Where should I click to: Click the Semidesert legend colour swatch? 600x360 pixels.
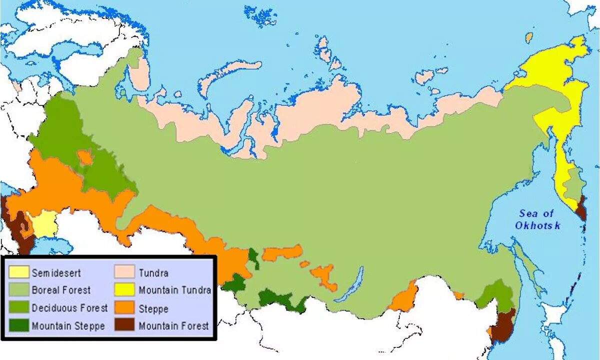click(x=18, y=273)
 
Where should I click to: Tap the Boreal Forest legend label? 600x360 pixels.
click(x=61, y=290)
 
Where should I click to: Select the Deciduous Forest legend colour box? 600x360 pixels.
click(x=18, y=307)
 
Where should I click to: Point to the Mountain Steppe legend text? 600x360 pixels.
click(x=68, y=326)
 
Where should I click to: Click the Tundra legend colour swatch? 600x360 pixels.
click(x=125, y=272)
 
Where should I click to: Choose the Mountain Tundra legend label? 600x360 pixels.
click(x=174, y=290)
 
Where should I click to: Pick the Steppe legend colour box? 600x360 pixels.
click(x=125, y=308)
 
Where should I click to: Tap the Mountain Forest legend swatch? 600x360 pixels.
click(x=125, y=325)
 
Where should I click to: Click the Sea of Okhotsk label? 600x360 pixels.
click(x=537, y=219)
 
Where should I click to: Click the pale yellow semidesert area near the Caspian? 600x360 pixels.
click(x=45, y=223)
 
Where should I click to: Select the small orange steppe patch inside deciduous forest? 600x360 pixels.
click(x=84, y=157)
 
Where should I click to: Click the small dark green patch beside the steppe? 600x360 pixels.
click(x=254, y=257)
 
